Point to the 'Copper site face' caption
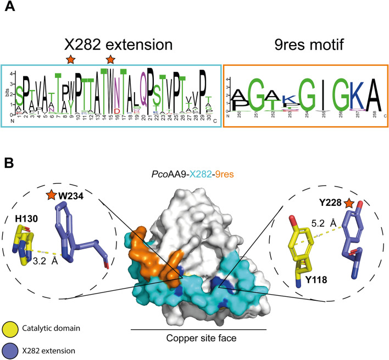(x=198, y=338)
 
